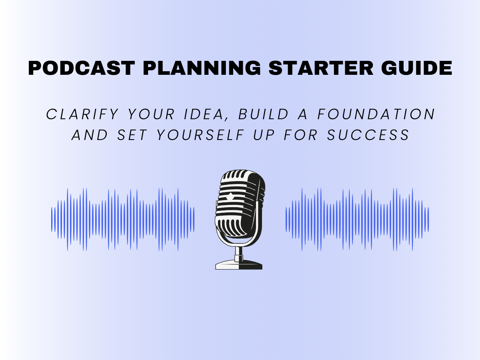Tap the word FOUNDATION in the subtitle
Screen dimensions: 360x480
pos(376,114)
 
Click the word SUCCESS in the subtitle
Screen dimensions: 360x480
pos(368,135)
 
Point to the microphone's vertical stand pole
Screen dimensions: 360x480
pos(239,251)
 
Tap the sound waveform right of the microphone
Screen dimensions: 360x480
pos(357,220)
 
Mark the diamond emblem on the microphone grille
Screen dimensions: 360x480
pos(230,197)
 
